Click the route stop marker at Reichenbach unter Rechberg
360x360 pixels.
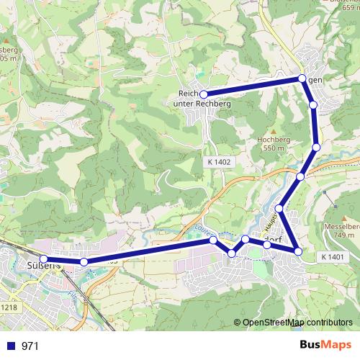point(204,94)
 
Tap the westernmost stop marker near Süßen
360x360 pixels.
point(43,259)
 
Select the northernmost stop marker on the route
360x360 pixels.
point(302,78)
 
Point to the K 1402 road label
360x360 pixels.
point(217,163)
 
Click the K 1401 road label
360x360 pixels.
point(333,257)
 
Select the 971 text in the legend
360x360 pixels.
point(30,346)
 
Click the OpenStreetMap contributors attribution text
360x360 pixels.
point(297,323)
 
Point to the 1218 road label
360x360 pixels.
point(9,308)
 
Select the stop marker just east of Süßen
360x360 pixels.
point(84,262)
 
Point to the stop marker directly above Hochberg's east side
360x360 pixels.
point(313,106)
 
